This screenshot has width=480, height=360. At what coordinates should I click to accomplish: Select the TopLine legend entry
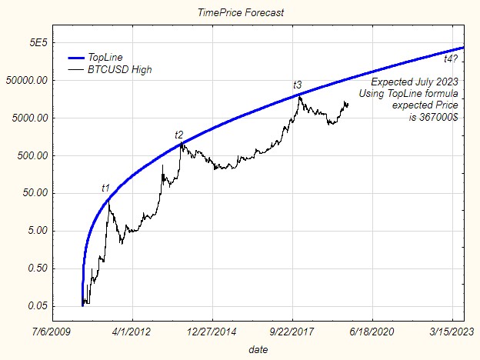tap(105, 58)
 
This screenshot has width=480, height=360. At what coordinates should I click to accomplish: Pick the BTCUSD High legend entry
tap(119, 69)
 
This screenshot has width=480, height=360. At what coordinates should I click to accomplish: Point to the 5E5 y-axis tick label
tap(38, 43)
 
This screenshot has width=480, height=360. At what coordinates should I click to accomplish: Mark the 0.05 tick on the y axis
tap(40, 307)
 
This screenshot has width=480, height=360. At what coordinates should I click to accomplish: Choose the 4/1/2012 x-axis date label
tap(132, 333)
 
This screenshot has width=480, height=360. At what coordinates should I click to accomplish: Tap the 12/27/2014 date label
tap(212, 333)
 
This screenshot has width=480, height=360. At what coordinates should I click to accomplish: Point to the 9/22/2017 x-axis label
tap(292, 333)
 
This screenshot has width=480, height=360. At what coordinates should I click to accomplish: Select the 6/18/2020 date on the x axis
tap(372, 333)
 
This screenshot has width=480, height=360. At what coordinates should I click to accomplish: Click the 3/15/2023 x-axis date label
tap(452, 333)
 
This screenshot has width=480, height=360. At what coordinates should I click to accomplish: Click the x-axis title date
tap(258, 349)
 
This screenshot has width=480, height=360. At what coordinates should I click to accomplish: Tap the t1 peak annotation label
tap(106, 188)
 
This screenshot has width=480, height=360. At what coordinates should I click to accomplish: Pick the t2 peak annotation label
tap(179, 135)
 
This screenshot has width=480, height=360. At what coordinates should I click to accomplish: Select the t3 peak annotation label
tap(297, 84)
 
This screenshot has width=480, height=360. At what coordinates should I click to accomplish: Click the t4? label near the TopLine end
tap(452, 58)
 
